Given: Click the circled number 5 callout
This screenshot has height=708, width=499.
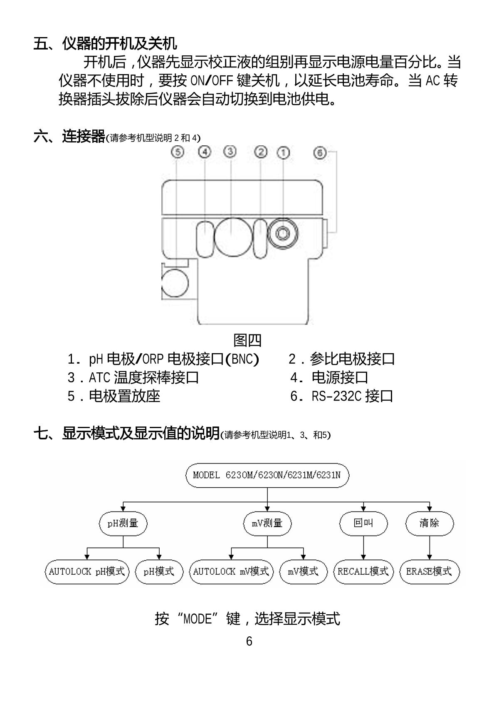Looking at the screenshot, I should (178, 152).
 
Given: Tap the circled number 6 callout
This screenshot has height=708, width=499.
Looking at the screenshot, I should (319, 152).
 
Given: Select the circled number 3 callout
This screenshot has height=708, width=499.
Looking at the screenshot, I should (230, 152).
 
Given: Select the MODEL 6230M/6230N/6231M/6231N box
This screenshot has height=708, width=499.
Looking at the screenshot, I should (267, 475).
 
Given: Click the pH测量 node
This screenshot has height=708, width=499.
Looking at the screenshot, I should (123, 523).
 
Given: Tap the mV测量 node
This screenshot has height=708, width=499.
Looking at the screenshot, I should (267, 523).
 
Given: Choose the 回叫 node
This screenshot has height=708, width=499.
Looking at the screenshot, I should (363, 523).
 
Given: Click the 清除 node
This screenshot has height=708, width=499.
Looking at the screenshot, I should (430, 523).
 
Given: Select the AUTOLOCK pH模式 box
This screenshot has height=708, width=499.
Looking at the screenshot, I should (87, 571).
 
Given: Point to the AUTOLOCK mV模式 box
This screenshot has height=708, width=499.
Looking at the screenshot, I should (231, 571).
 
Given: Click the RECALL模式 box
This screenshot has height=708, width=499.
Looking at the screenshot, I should (363, 571).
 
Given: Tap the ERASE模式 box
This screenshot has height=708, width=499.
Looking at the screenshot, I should (430, 571).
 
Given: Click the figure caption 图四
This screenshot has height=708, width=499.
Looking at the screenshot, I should (248, 340).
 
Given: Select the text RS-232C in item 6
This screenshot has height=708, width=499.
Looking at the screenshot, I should (336, 396).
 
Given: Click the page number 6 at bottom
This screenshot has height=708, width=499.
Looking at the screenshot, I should (249, 641).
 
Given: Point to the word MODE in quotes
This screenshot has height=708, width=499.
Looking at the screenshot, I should (198, 619).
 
